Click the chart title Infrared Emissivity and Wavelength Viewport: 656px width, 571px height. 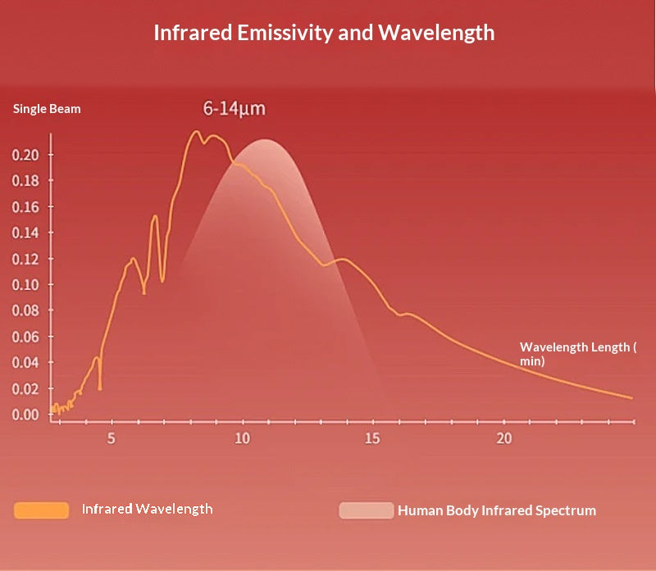click(x=324, y=33)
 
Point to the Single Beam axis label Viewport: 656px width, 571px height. click(x=47, y=108)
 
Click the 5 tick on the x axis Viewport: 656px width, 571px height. click(x=111, y=438)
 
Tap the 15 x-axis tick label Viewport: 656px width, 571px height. click(x=372, y=438)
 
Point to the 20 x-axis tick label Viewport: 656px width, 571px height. click(x=503, y=438)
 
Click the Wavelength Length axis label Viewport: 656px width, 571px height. click(x=577, y=353)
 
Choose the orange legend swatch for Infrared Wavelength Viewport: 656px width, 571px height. click(x=41, y=510)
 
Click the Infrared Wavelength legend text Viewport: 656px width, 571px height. click(x=147, y=509)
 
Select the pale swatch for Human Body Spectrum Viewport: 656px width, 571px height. click(x=366, y=510)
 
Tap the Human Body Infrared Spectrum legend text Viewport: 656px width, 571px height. click(x=496, y=510)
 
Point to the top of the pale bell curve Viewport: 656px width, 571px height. click(x=265, y=140)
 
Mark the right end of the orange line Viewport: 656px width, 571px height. click(x=631, y=398)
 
